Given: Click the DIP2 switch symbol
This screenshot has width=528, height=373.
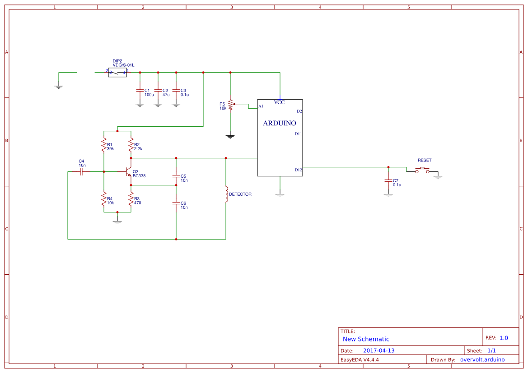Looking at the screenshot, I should (x=117, y=72).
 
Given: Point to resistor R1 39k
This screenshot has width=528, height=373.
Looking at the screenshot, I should (x=104, y=145).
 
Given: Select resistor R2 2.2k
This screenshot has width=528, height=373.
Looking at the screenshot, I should (x=131, y=145).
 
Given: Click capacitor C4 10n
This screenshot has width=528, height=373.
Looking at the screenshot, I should (x=81, y=171).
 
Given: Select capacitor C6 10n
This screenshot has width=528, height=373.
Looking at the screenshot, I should (x=176, y=203).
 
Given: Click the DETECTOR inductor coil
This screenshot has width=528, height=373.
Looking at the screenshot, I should (x=226, y=194).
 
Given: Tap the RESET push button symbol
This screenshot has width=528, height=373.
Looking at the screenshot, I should (x=422, y=170).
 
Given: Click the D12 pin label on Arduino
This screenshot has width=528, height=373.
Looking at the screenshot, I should (x=298, y=170).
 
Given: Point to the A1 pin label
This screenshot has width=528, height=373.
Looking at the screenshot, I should (x=261, y=106).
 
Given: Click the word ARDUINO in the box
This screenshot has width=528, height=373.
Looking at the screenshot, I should (x=280, y=123).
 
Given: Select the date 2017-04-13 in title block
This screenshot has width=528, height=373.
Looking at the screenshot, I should (x=378, y=350).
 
